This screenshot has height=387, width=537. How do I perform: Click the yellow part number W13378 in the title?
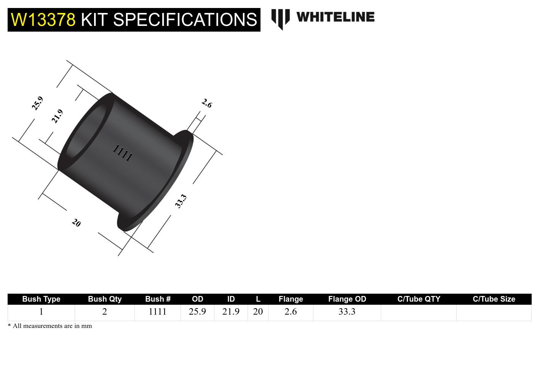[43, 19]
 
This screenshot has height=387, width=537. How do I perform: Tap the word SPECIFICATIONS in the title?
[185, 19]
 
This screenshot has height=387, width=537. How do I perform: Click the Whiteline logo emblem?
[281, 19]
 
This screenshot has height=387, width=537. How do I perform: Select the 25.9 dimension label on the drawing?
[37, 103]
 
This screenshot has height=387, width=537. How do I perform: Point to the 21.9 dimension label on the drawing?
[57, 116]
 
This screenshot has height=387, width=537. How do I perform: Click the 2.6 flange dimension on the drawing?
[206, 103]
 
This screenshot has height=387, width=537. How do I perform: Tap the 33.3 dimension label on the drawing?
[181, 201]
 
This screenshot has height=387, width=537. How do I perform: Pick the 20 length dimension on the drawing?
[76, 223]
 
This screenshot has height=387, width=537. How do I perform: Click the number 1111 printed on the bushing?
[122, 153]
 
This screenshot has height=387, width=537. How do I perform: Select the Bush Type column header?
[41, 299]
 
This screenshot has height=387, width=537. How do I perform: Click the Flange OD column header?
[347, 299]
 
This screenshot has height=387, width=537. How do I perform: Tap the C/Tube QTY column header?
[419, 299]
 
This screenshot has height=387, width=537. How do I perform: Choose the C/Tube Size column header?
[494, 299]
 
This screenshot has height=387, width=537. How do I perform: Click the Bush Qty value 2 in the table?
[104, 312]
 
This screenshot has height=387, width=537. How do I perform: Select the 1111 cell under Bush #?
[157, 312]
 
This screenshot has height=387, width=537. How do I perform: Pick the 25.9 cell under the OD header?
[197, 312]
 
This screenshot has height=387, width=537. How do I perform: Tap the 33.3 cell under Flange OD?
[347, 312]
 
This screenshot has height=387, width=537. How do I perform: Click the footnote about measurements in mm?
[50, 326]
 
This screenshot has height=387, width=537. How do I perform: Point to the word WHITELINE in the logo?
[335, 17]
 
